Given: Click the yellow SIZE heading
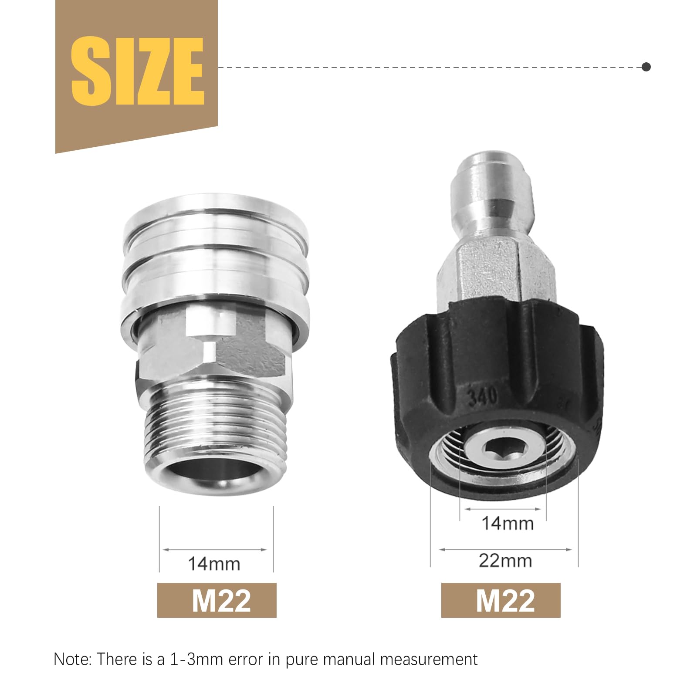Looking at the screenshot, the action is coord(137,71).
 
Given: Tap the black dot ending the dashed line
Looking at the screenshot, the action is coord(646,67).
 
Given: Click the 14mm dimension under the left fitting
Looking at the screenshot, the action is coord(214,564).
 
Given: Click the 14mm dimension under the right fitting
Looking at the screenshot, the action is coord(508,523).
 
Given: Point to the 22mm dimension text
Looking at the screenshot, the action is coord(505,561).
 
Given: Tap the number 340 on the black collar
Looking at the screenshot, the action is coord(482,396).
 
